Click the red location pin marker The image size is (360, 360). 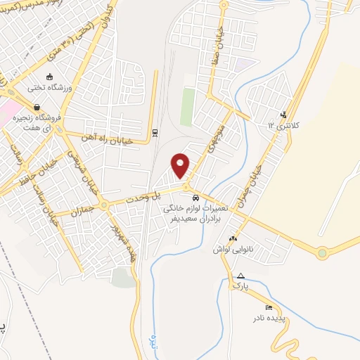click(181, 165)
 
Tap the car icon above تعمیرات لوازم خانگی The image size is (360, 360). click(194, 199)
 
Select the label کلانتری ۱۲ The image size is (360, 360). click(285, 124)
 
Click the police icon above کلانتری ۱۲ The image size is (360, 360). click(283, 115)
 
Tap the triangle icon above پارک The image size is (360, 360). click(241, 276)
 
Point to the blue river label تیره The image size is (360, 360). click(154, 343)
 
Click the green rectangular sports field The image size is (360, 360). click(187, 106)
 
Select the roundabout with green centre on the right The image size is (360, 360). click(322, 252)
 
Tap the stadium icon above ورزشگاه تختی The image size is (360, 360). click(49, 77)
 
